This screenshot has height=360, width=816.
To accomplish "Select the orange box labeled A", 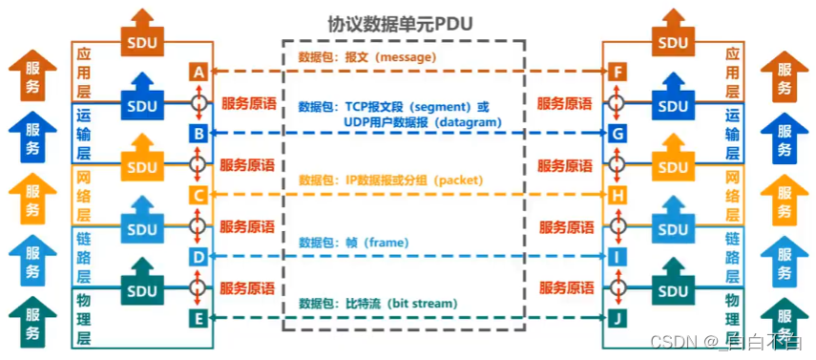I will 198,73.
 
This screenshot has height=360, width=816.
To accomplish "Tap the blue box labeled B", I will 198,134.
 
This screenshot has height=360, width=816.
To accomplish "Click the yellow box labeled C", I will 198,196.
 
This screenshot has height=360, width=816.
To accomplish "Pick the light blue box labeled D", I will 198,257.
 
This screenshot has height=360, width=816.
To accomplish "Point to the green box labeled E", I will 198,318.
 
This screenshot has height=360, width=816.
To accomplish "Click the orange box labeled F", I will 617,73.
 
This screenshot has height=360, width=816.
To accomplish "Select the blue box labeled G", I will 617,134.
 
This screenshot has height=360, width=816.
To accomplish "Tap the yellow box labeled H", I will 617,196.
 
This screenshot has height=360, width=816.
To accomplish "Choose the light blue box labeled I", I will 617,257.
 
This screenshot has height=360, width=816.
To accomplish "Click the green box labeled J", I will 617,318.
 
